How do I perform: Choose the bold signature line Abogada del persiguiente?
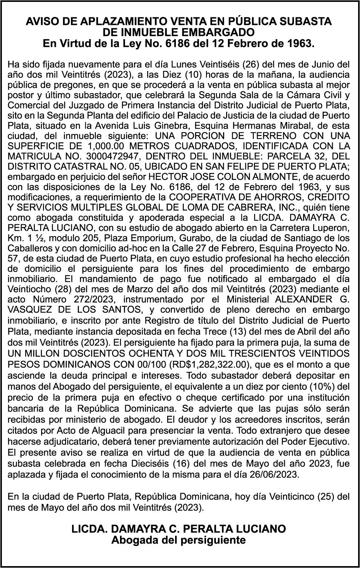tap(178, 540)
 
